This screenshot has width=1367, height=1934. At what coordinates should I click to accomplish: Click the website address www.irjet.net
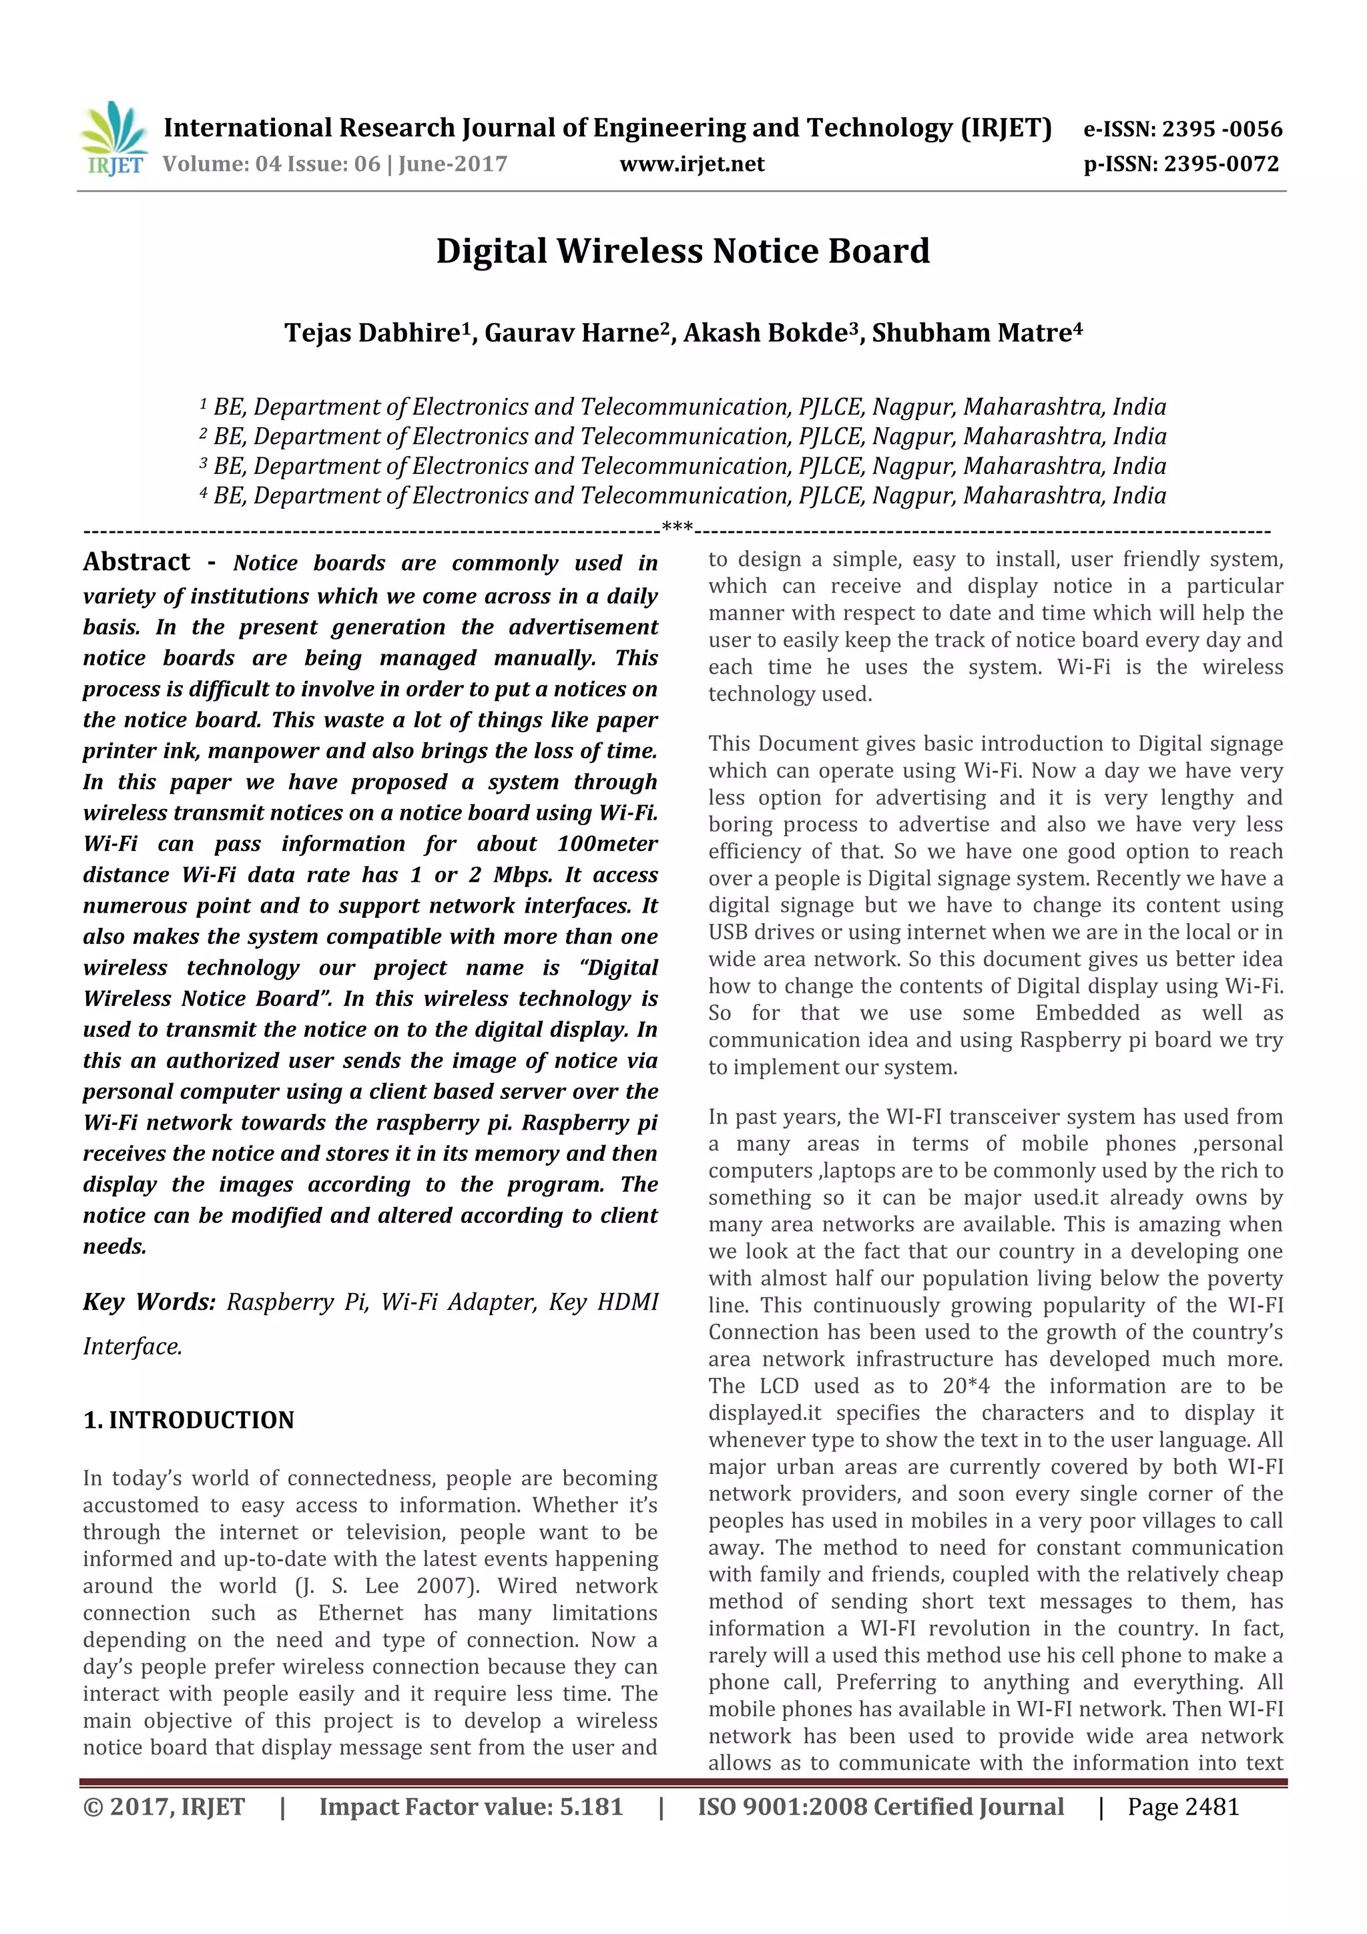coord(692,164)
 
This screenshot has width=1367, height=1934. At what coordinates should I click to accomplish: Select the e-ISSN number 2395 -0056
coord(1221,129)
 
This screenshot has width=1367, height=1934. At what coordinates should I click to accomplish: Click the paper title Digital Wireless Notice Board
coord(682,251)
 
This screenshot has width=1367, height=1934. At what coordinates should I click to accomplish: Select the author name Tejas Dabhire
coord(371,332)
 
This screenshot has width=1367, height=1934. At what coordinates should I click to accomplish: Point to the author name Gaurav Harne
coord(570,332)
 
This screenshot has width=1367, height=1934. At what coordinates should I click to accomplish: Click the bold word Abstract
coord(136,562)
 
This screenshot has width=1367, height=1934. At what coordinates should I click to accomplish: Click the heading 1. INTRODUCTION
coord(189,1420)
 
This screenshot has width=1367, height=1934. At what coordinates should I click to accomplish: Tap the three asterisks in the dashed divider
coord(677,528)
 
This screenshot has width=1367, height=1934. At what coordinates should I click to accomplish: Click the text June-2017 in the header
coord(453,164)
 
